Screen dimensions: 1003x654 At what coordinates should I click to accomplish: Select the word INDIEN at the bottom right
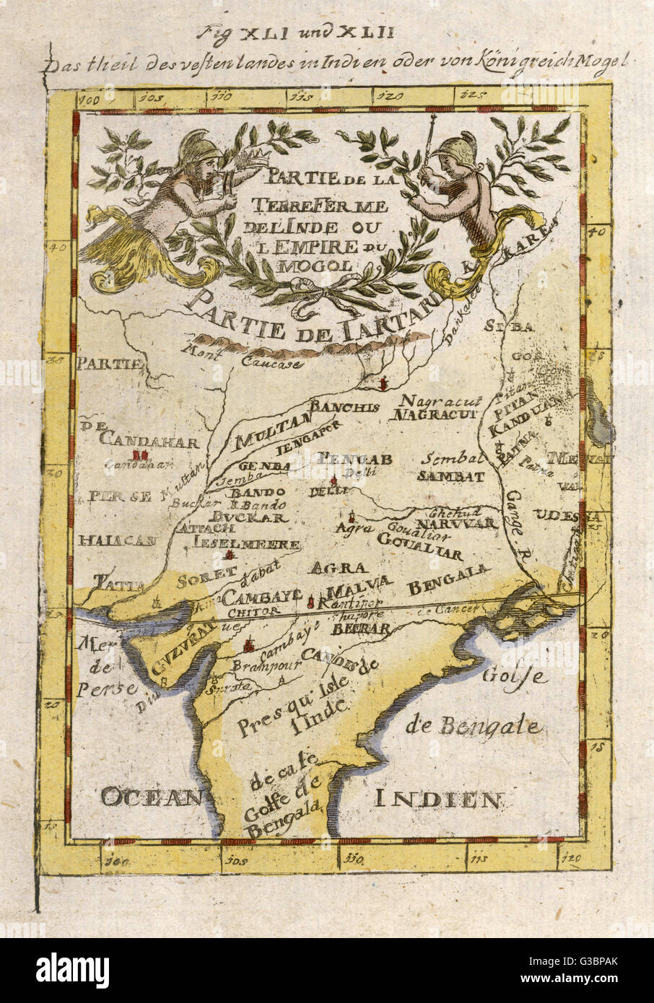pyautogui.click(x=437, y=799)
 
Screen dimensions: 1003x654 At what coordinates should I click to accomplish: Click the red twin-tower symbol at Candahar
pyautogui.click(x=140, y=455)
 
